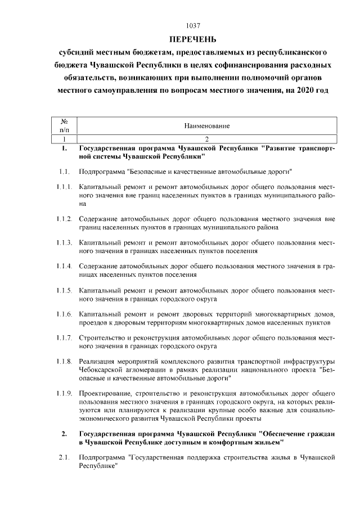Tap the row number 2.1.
click(64, 458)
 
